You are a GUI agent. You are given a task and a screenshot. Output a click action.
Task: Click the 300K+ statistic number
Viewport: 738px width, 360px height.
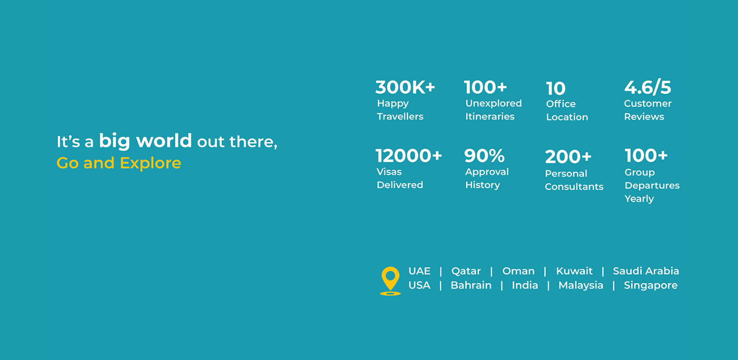405,87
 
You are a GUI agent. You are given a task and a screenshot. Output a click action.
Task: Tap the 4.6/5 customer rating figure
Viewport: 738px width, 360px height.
647,87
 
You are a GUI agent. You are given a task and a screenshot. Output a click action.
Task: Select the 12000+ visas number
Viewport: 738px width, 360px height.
409,156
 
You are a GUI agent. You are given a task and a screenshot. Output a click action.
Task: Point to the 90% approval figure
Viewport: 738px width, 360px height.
484,156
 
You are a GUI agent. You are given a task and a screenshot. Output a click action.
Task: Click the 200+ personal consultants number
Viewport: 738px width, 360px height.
568,157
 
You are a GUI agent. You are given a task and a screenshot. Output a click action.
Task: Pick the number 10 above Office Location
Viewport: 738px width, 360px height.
556,89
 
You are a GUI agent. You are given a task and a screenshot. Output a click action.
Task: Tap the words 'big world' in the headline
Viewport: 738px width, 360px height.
145,140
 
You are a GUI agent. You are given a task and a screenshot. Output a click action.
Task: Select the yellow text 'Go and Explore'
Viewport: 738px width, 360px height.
118,162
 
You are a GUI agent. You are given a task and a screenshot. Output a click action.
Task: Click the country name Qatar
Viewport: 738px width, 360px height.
466,271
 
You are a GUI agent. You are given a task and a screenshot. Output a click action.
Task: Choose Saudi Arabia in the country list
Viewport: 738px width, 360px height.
646,271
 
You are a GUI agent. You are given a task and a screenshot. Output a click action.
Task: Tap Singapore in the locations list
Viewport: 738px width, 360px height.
651,285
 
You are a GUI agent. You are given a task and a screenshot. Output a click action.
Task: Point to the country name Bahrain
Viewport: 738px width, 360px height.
471,285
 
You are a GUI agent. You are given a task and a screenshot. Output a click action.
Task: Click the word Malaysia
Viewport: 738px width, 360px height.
581,285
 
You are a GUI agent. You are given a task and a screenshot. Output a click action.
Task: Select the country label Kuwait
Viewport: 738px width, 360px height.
574,271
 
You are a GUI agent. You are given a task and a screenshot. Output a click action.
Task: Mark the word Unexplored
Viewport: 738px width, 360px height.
494,103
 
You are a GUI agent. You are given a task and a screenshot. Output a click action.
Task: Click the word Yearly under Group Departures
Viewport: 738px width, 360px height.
639,199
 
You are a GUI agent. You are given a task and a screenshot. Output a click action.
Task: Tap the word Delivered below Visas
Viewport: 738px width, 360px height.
399,185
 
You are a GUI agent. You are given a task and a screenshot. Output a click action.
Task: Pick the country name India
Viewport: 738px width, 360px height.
525,285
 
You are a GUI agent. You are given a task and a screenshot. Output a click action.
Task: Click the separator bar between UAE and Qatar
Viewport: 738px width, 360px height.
441,271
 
